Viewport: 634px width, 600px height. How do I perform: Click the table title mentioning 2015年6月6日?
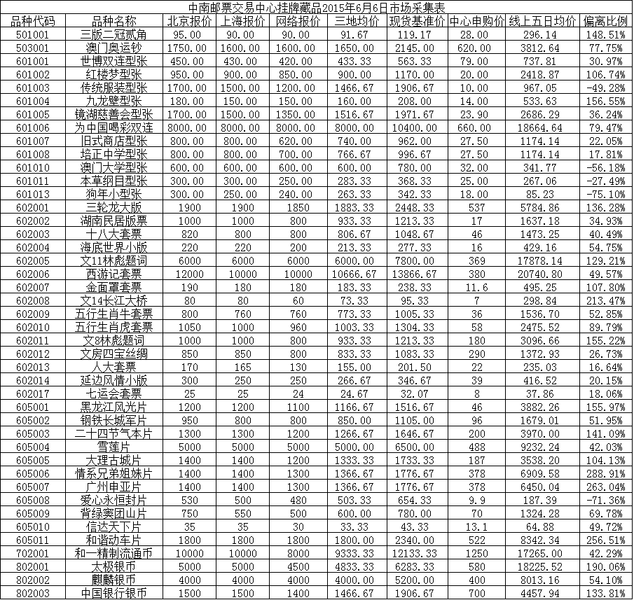point(317,8)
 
